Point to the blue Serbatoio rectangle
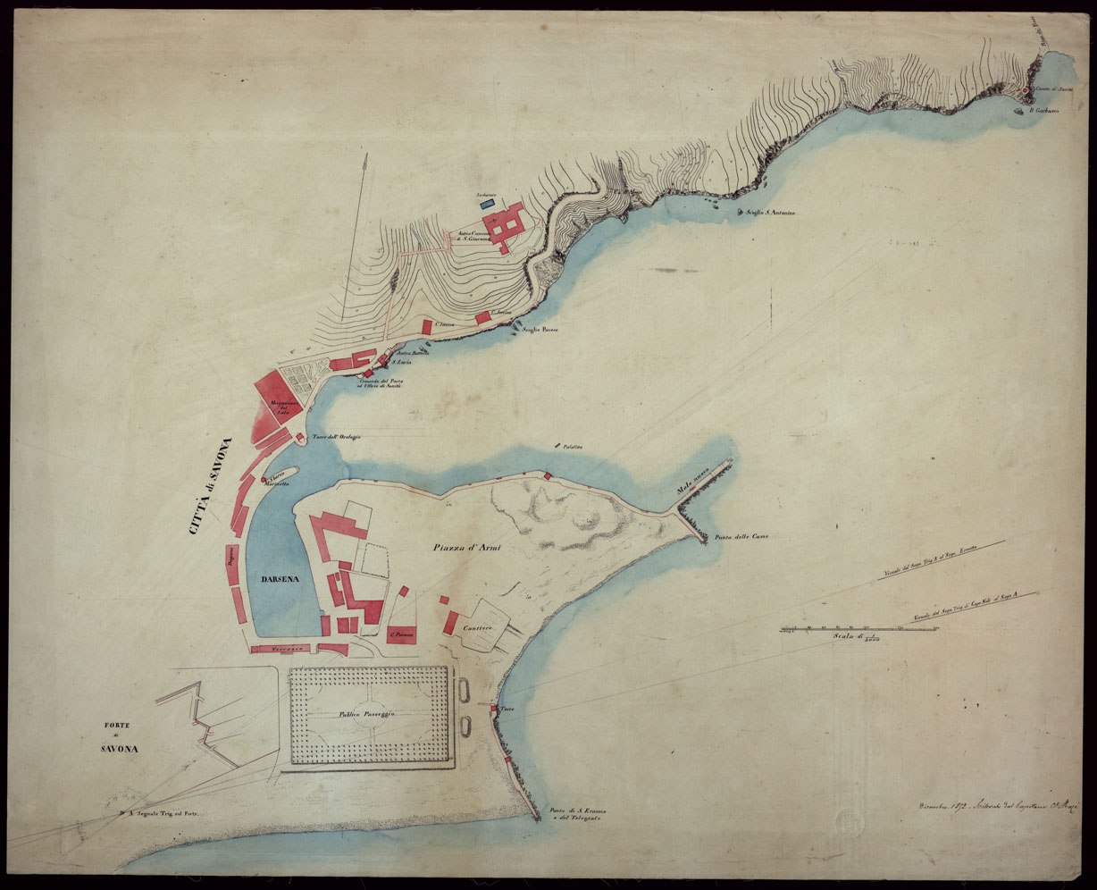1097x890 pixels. (488, 204)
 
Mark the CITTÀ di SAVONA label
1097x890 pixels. (211, 487)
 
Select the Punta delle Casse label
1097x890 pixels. (741, 537)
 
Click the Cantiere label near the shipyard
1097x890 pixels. (479, 629)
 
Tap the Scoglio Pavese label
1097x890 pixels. (540, 330)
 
